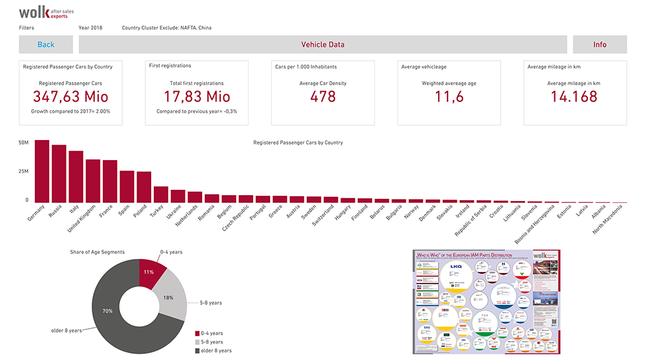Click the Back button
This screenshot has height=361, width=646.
pyautogui.click(x=46, y=45)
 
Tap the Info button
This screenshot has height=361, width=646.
pyautogui.click(x=599, y=45)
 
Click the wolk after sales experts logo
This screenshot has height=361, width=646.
pyautogui.click(x=43, y=12)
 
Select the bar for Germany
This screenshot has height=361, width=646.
pyautogui.click(x=42, y=172)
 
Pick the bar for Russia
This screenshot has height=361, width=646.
pyautogui.click(x=59, y=174)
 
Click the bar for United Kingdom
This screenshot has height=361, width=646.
pyautogui.click(x=93, y=181)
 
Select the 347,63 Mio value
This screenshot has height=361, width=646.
pyautogui.click(x=70, y=97)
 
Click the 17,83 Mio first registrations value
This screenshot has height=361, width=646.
pyautogui.click(x=196, y=97)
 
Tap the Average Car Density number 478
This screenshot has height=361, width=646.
pyautogui.click(x=322, y=97)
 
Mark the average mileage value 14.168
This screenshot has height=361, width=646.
pyautogui.click(x=574, y=97)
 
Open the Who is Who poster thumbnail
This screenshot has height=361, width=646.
pyautogui.click(x=486, y=302)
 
